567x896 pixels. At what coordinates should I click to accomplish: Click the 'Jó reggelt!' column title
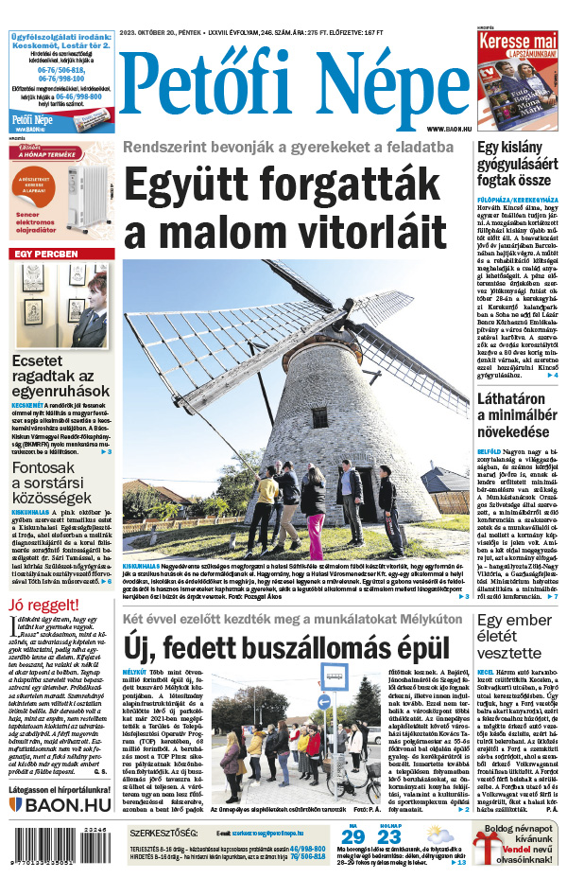click(43, 606)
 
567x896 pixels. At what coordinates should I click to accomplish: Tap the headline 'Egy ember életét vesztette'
click(518, 637)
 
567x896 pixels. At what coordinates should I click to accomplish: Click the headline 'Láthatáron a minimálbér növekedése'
click(518, 416)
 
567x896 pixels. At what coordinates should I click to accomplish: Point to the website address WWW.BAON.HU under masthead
click(448, 128)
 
